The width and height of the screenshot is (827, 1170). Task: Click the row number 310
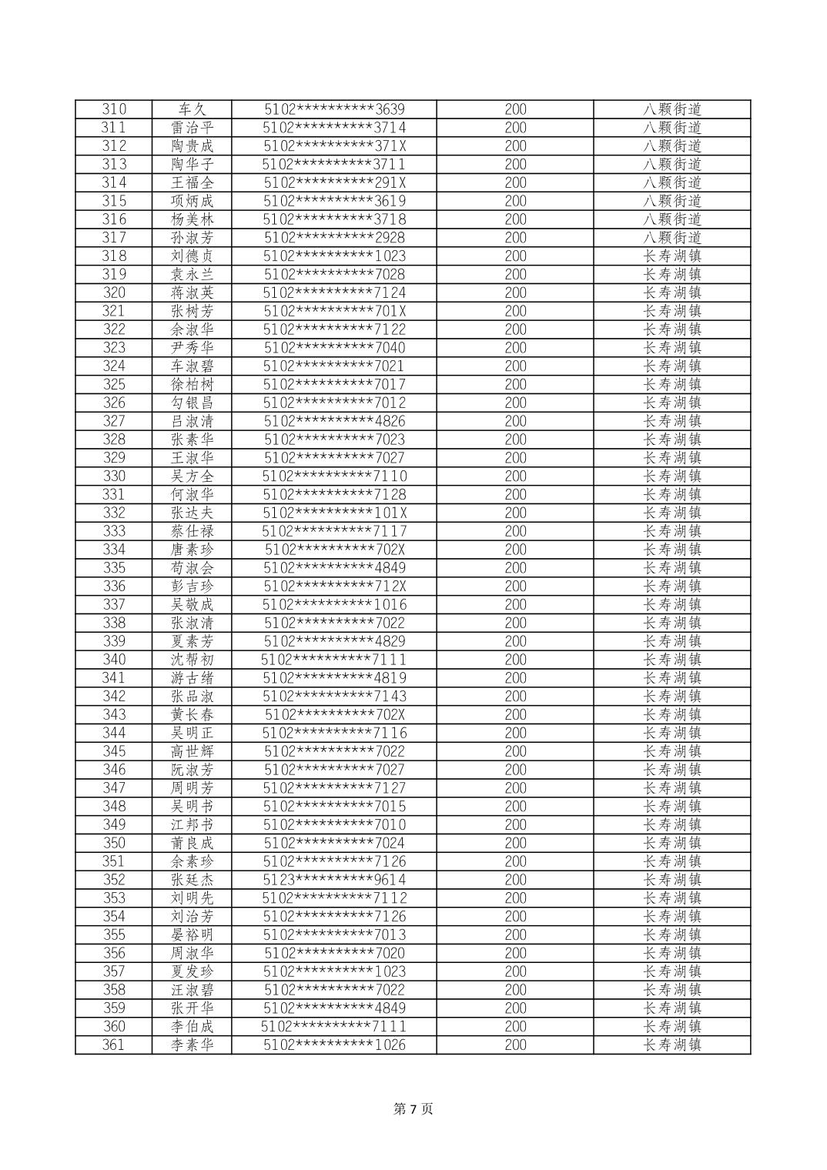coord(113,109)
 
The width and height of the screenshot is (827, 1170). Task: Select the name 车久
coord(192,109)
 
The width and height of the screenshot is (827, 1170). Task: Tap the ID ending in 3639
coord(334,109)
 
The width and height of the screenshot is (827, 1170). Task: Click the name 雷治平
coord(192,128)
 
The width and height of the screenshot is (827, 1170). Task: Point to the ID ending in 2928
coord(334,238)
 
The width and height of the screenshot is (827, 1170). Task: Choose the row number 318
coord(113,256)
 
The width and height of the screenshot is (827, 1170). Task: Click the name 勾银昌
coord(192,403)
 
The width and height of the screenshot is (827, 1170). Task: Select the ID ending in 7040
coord(334,348)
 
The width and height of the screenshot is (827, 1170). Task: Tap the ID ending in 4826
coord(334,421)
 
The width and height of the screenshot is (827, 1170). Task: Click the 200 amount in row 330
coord(515,476)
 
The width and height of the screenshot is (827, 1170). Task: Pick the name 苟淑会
coord(192,568)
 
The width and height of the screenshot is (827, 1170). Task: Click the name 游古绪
coord(192,678)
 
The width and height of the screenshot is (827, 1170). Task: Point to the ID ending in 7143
coord(334,697)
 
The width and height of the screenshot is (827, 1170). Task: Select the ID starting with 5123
coord(334,880)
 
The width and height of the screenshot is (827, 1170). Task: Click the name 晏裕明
coord(192,935)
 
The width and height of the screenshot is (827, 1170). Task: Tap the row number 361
coord(113,1045)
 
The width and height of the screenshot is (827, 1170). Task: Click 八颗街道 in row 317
coord(672,238)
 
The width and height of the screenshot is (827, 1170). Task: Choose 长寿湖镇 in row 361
coord(672,1045)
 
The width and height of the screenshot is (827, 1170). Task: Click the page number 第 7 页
coord(413,1109)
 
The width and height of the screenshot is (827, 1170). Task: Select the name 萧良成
coord(192,844)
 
